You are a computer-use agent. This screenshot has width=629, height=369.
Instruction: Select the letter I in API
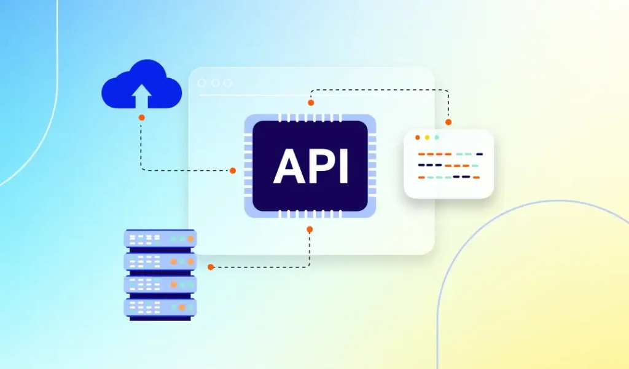(x=343, y=165)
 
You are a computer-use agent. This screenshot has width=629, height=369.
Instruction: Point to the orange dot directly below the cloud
(x=141, y=117)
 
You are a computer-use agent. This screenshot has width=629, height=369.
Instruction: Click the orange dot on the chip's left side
(x=233, y=170)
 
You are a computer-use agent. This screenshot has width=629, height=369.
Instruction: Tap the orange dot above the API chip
(x=311, y=103)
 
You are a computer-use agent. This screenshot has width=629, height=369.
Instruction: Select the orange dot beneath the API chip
(x=310, y=229)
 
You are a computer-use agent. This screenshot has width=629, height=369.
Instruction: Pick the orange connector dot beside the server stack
(x=211, y=267)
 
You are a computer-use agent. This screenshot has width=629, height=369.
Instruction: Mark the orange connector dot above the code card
(x=448, y=122)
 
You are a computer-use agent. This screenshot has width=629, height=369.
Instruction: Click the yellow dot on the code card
(x=427, y=137)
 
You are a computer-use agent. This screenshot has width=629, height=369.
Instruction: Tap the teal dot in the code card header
(x=437, y=137)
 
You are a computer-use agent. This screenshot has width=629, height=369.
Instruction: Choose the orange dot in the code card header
(x=418, y=137)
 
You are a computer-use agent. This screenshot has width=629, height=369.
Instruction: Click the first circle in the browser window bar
(x=202, y=83)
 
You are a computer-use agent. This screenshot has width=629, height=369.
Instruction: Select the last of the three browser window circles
(x=228, y=83)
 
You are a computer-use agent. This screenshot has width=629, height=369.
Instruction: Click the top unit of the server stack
(x=160, y=238)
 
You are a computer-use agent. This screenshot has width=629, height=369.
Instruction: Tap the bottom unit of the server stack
(x=160, y=307)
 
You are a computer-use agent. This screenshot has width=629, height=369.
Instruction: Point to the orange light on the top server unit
(x=174, y=239)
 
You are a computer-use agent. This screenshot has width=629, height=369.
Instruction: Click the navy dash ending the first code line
(x=480, y=154)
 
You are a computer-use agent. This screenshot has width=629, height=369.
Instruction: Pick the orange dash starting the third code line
(x=421, y=177)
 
